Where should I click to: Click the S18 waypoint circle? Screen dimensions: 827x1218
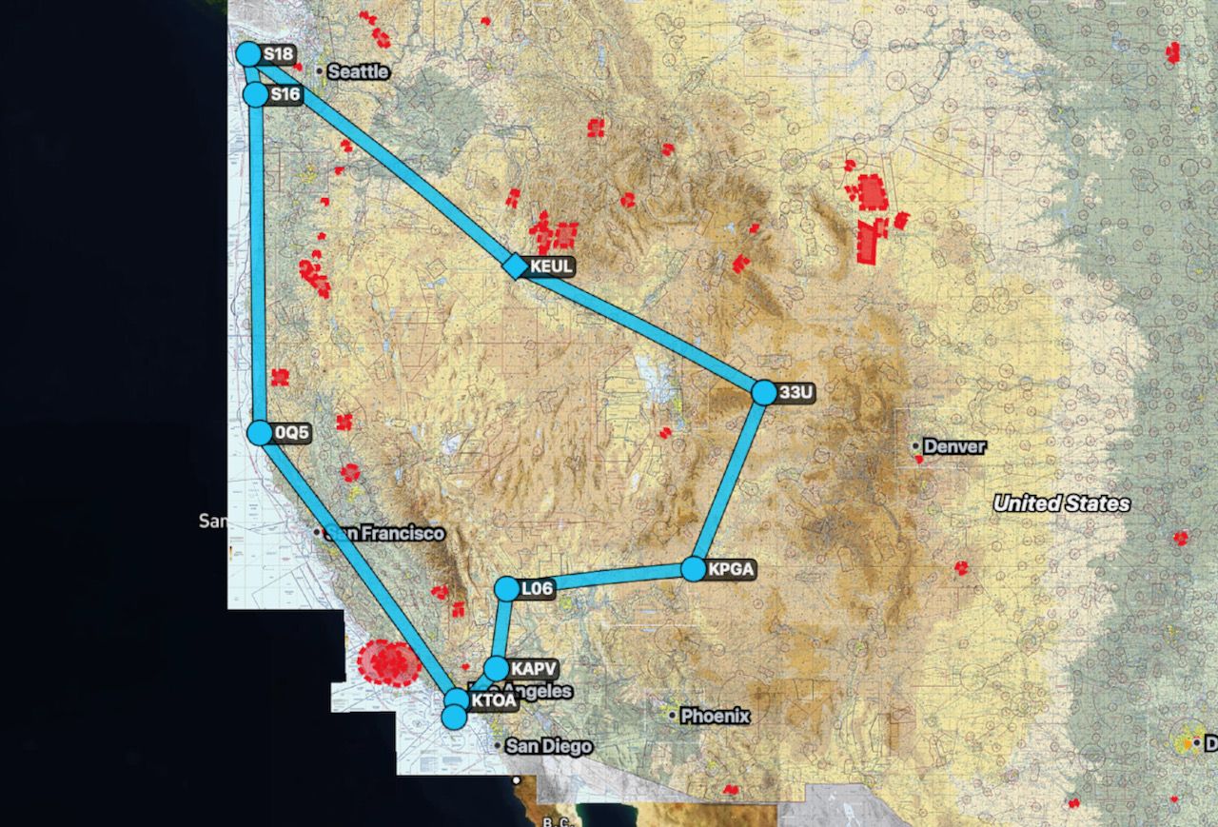point(247,53)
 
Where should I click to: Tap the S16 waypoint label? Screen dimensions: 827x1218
point(285,95)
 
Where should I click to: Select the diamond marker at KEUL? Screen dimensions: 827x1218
point(514,266)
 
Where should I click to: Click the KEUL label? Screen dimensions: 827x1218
point(552,266)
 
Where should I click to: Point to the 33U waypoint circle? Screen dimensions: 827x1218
point(764,392)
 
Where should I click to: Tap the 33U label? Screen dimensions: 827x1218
point(797,392)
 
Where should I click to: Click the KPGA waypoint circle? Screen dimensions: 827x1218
point(694,569)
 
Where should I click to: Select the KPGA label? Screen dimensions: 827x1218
point(731,570)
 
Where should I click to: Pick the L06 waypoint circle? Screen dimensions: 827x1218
point(507,589)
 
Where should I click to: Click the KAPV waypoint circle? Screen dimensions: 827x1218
point(496,668)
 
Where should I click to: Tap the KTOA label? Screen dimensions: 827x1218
point(493,701)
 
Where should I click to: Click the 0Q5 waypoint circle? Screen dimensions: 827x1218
point(259,433)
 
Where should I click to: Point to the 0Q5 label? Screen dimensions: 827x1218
point(293,433)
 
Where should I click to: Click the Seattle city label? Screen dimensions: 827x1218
point(358,71)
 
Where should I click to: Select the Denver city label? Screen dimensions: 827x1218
point(954,446)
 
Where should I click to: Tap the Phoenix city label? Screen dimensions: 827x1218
point(716,716)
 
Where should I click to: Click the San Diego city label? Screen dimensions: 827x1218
point(548,746)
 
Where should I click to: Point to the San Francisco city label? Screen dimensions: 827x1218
point(384,534)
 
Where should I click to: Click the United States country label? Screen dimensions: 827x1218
point(1062,503)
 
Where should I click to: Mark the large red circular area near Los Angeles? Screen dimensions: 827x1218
point(388,663)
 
